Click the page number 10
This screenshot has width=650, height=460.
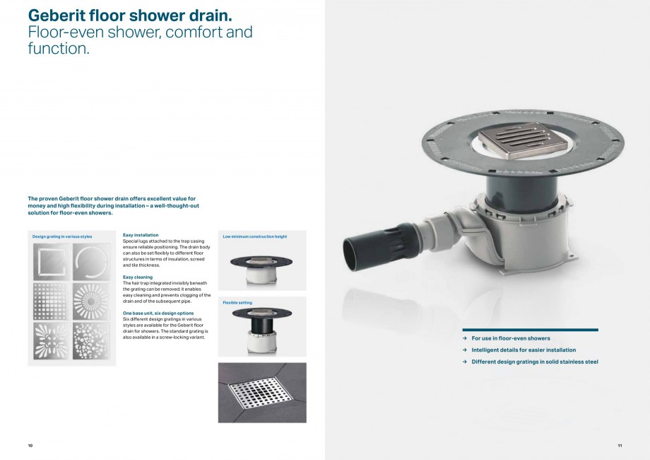[30, 445]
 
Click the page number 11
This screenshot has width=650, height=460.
[619, 445]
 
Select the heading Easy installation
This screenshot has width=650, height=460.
[141, 234]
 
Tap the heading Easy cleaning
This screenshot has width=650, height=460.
[138, 277]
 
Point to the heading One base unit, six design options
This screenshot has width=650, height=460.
[158, 312]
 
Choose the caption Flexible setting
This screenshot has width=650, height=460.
[237, 302]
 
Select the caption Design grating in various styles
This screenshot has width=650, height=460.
[62, 236]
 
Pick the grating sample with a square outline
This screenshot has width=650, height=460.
[52, 263]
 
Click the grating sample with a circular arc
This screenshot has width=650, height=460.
[91, 263]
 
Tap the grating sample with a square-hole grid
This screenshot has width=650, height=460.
[52, 301]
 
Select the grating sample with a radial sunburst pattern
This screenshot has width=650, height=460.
[91, 301]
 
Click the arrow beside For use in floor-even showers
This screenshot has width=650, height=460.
[465, 338]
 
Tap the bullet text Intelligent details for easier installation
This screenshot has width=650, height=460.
[524, 350]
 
